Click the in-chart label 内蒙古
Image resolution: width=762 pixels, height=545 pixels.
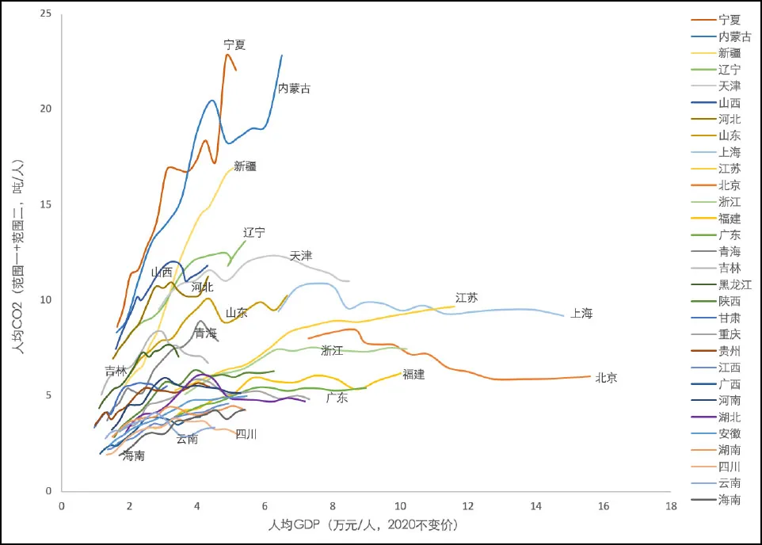tap(294, 89)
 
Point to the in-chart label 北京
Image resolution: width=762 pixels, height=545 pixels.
tap(606, 378)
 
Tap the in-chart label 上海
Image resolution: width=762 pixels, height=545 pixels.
tap(581, 314)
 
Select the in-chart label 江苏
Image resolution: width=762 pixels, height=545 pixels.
tap(467, 298)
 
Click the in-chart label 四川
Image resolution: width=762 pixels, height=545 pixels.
tap(246, 434)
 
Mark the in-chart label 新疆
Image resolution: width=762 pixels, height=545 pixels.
tap(246, 166)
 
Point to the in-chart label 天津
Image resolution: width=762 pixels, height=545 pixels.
tap(301, 256)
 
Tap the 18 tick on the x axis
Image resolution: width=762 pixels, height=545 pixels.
tap(672, 506)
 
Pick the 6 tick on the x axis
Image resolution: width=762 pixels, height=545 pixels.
tap(265, 506)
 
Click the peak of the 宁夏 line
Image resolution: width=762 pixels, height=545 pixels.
tap(227, 54)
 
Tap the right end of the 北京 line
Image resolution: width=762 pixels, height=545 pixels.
tap(591, 376)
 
